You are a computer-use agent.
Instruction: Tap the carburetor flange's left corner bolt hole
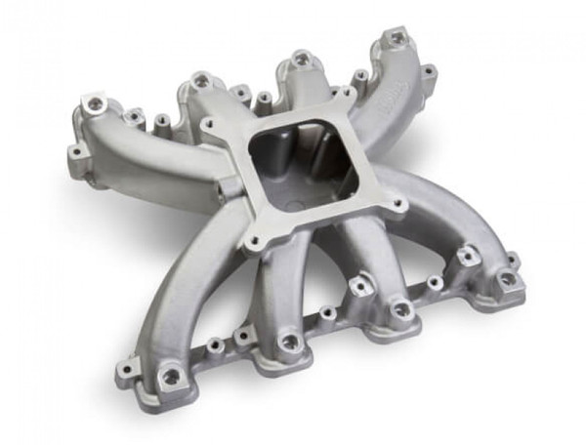(207, 124)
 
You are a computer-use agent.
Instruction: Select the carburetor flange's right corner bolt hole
(398, 205)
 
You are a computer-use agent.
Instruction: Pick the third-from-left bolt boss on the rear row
(302, 59)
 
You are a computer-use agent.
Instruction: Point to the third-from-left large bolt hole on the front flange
(400, 310)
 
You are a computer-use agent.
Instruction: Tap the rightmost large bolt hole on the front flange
(507, 278)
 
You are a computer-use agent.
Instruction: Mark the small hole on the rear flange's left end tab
(73, 152)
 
